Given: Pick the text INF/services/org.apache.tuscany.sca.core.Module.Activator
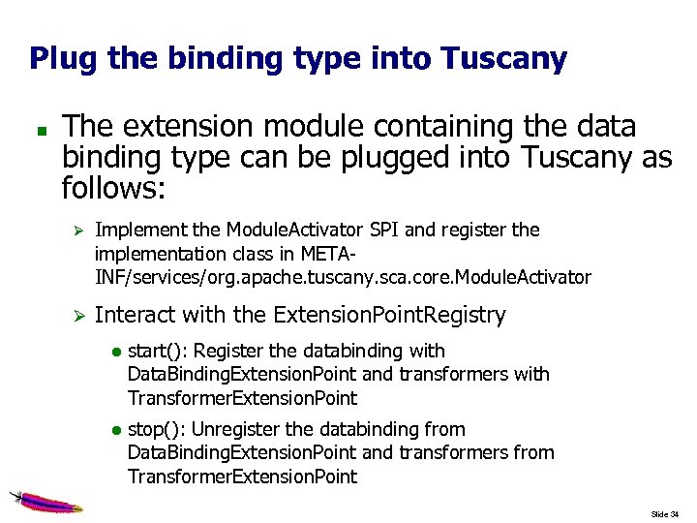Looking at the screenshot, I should coord(342,278).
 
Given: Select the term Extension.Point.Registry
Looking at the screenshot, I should coord(389,315).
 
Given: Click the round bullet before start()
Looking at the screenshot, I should coord(114,352).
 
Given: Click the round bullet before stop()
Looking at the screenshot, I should coord(114,430).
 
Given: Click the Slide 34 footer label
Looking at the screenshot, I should coord(665,513).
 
